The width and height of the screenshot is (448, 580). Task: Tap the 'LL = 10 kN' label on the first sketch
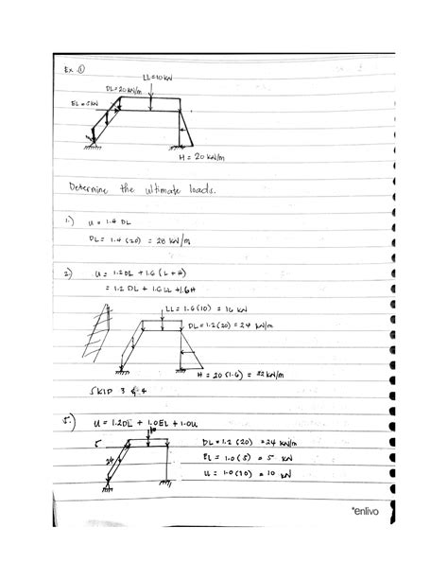click(157, 77)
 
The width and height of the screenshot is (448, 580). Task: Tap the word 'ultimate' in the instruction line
click(166, 192)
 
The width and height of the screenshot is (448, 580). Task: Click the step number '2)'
click(69, 273)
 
